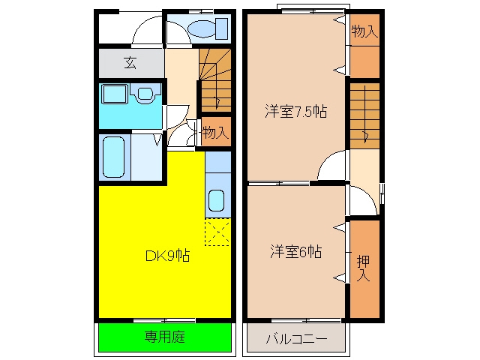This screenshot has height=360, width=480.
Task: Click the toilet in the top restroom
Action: (208, 28)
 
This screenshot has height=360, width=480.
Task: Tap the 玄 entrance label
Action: (130, 63)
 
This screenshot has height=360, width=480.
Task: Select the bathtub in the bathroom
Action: (113, 157)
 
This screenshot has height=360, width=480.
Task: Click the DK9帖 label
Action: (167, 256)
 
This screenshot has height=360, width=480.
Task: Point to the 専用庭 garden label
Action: (165, 337)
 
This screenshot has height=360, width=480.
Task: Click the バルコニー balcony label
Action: (296, 339)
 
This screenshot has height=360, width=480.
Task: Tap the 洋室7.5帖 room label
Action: (296, 112)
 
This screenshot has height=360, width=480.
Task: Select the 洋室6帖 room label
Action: (295, 252)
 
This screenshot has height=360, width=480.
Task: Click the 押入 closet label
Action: (363, 268)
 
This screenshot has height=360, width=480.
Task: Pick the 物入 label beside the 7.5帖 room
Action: (364, 31)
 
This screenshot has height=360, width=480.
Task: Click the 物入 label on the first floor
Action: (215, 132)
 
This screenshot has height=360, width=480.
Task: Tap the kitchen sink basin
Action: (217, 200)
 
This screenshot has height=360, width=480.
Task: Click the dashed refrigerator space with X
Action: (217, 232)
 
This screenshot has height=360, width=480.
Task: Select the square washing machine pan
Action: (115, 94)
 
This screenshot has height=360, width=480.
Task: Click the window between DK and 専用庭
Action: (165, 320)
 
